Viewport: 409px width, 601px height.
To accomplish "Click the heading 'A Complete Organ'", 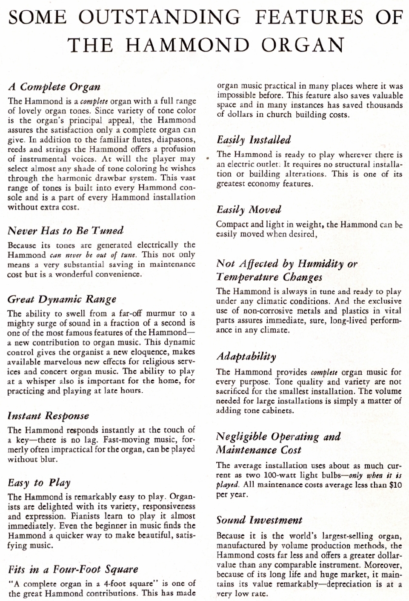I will pos(54,87).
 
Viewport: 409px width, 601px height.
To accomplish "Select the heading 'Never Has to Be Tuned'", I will pos(65,231).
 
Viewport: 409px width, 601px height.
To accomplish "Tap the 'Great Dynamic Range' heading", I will pos(62,299).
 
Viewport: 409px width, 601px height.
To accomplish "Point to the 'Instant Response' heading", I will pos(48,416).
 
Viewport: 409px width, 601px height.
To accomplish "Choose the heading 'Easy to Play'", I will pos(39,483).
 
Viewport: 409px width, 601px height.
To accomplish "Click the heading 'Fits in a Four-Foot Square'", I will pos(73,569).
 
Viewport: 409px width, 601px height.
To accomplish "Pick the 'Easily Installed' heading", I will pos(254,140).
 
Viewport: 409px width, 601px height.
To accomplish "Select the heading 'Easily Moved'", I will pos(249,210).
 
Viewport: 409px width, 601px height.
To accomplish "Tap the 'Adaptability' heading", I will pos(246,357).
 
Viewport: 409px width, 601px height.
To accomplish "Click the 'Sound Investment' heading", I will pos(259,520).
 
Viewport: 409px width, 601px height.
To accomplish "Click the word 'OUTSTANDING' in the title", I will pos(160,17).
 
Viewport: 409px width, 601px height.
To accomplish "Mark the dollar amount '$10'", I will pos(395,485).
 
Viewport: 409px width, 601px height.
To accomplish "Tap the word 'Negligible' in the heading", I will pos(242,437).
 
